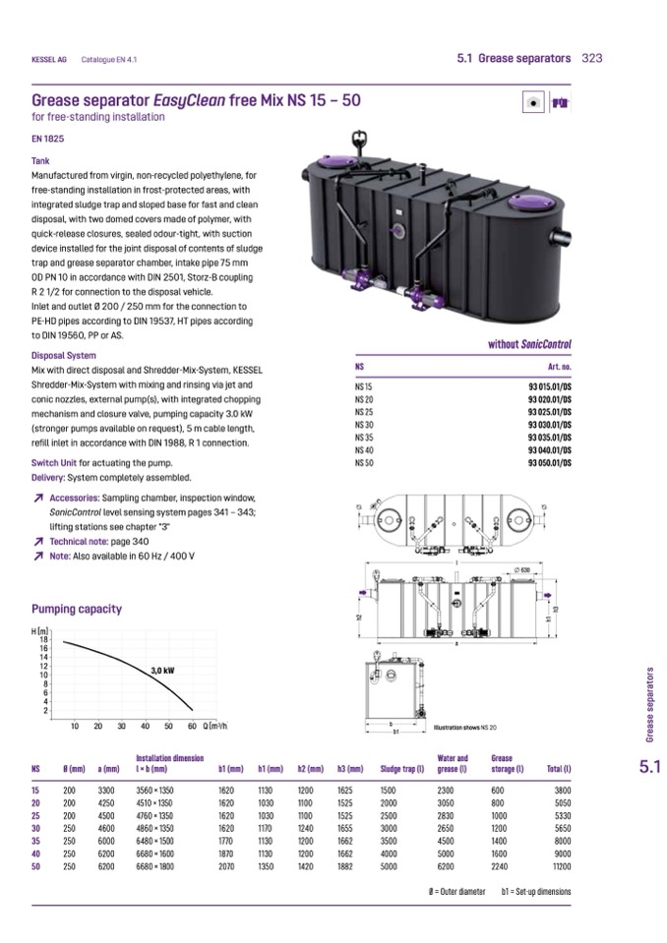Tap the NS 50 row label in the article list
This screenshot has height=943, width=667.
[363, 461]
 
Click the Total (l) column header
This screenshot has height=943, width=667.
[558, 768]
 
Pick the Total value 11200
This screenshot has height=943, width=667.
[561, 866]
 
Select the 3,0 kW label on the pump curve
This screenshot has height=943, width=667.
[162, 670]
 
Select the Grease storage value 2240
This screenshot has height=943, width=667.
[502, 866]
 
